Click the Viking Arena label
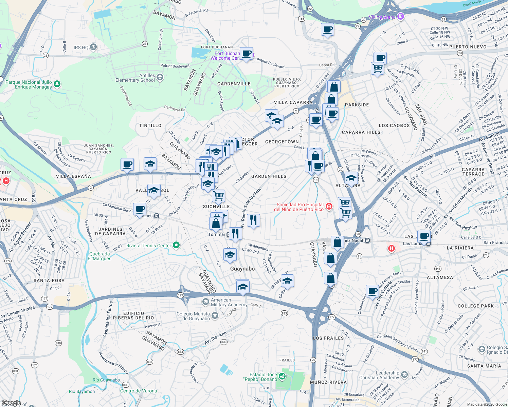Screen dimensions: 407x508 tap(382, 17)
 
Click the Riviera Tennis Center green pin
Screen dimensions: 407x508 tap(176, 245)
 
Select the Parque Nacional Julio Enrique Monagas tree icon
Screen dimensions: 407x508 tap(57, 83)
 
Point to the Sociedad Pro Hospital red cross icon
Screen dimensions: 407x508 tap(328, 206)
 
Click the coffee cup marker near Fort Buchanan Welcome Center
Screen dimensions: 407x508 tap(247, 54)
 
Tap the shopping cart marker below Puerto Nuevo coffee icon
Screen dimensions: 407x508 tap(377, 68)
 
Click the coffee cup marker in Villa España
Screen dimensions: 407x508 tap(127, 165)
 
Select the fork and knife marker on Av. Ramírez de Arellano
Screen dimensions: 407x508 tap(253, 220)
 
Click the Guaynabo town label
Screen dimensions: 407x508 tap(242, 269)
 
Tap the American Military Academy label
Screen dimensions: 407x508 tap(229, 302)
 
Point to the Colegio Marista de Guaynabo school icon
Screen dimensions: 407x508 tap(215, 316)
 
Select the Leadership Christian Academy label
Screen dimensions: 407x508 tap(379, 375)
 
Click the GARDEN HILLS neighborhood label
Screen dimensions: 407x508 tap(269, 176)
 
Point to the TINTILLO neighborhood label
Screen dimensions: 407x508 tap(150, 125)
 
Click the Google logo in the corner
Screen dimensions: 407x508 tap(11, 403)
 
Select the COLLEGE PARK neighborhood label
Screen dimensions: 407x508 tap(475, 306)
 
